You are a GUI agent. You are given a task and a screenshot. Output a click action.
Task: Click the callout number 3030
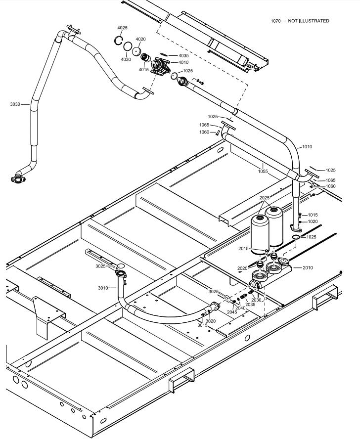click(x=15, y=104)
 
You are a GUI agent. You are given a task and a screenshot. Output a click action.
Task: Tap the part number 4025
click(x=123, y=28)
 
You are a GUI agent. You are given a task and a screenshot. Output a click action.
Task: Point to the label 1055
click(x=263, y=171)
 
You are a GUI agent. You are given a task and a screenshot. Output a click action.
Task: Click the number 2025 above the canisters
click(x=265, y=198)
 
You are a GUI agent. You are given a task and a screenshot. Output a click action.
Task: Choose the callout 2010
click(x=308, y=267)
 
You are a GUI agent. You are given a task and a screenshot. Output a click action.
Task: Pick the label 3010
click(x=103, y=288)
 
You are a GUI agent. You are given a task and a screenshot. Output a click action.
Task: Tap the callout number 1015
click(x=313, y=215)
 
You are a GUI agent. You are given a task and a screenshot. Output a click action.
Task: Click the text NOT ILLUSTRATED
click(x=309, y=21)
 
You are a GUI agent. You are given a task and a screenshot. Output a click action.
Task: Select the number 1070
click(x=276, y=21)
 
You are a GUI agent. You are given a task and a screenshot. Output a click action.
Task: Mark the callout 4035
click(x=183, y=56)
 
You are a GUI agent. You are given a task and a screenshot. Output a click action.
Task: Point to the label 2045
click(x=232, y=312)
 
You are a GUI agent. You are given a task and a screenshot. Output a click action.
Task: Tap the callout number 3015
click(x=203, y=325)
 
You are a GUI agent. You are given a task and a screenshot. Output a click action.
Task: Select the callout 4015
click(x=143, y=70)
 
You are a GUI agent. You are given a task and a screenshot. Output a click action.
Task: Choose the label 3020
click(x=211, y=321)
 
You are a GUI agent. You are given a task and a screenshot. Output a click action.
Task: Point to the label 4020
click(x=140, y=39)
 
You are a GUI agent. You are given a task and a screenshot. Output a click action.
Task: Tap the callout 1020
click(x=313, y=222)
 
